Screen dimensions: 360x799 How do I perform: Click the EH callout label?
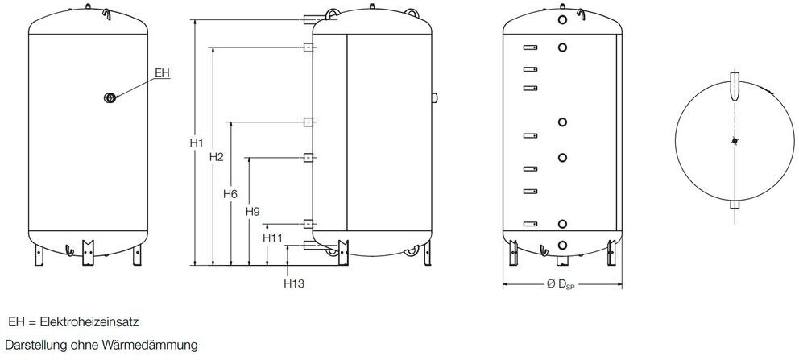162,73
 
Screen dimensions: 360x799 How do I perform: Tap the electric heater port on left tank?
110,97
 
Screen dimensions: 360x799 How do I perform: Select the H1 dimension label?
196,143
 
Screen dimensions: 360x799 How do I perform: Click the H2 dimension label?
215,156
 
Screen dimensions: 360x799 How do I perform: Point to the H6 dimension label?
230,194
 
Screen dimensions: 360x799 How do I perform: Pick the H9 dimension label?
251,211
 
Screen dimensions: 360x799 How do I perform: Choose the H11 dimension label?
272,238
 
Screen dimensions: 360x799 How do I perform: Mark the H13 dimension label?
294,283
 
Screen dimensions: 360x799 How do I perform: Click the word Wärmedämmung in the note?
149,346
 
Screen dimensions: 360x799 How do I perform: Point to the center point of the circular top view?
733,142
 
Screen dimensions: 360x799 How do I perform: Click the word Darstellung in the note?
35,346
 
